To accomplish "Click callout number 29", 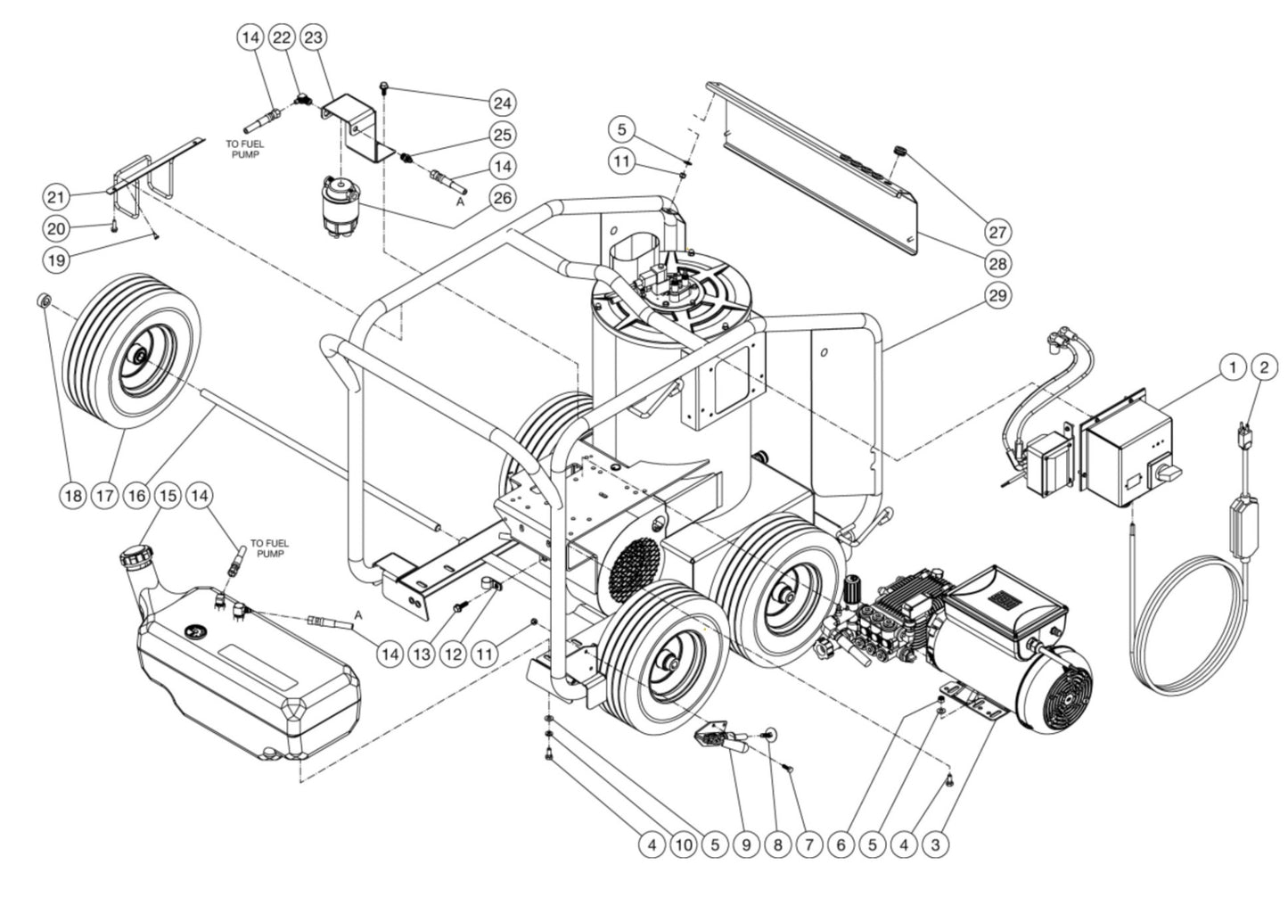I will tap(998, 294).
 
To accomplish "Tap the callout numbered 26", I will tap(502, 197).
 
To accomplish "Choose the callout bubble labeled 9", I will tap(745, 843).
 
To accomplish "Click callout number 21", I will tap(56, 196).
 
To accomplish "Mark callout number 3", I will tap(934, 843).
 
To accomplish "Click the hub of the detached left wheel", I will tap(141, 358).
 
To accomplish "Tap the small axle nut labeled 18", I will tap(43, 299).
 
